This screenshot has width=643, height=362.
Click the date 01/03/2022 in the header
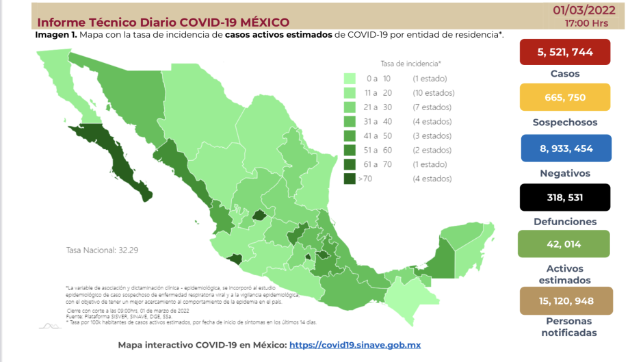pos(586,10)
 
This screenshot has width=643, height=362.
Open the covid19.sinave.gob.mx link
pos(355,345)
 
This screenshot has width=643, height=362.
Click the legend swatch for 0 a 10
pos(350,79)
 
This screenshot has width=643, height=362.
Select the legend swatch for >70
pos(350,179)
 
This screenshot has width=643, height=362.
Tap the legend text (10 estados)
pos(434,93)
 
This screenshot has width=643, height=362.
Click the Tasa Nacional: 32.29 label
pos(102,250)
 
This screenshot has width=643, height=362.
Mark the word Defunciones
pos(564,222)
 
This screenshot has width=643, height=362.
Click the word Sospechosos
pos(564,122)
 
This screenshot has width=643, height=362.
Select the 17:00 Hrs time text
pos(586,23)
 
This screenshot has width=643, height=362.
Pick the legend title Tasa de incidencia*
pos(410,63)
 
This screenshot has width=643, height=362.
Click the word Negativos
pos(564,173)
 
